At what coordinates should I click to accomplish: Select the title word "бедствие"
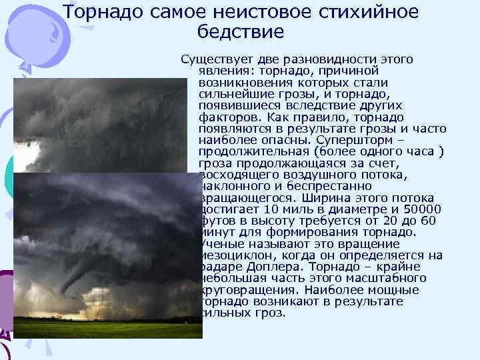coord(241,31)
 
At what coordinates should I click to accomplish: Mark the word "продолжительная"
coord(247,151)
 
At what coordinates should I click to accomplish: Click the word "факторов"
coord(225,117)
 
